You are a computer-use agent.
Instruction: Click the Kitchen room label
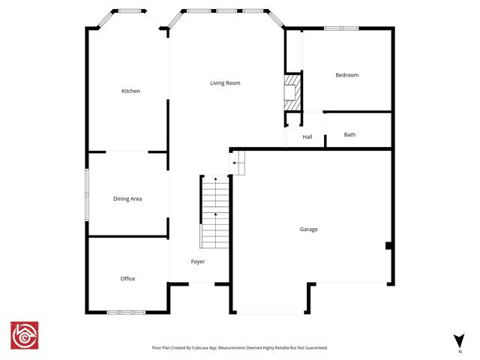pos(131,91)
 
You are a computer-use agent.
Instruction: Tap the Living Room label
pos(225,82)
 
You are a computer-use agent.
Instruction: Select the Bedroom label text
pos(346,75)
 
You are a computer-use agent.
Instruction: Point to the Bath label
pos(349,135)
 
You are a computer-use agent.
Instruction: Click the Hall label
pos(307,137)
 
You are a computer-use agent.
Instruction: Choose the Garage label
pos(308,229)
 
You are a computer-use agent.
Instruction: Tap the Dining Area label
pos(127,199)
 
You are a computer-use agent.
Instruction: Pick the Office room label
pos(127,278)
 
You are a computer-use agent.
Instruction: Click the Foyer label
pos(198,262)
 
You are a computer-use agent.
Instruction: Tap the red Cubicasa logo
pos(25,336)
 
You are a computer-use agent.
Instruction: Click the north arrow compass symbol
pos(459,340)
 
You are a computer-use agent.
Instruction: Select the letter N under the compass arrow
pos(459,351)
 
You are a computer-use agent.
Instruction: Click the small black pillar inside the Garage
pos(388,245)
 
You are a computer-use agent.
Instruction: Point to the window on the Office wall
pos(125,312)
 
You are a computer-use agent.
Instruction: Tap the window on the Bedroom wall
pos(340,28)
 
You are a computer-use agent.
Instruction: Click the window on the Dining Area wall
pos(87,193)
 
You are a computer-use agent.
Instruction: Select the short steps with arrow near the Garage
pos(238,163)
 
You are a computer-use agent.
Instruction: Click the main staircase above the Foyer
pos(214,213)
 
